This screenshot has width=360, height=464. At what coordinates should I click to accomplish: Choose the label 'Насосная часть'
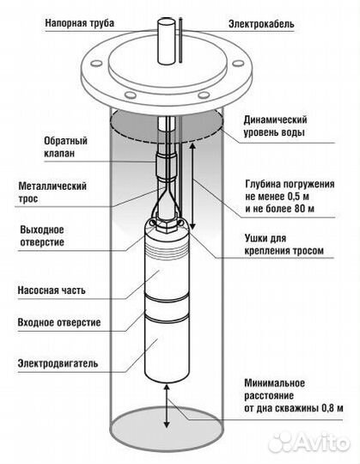[x=55, y=291]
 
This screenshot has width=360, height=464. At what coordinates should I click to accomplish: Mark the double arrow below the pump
[x=167, y=403]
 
